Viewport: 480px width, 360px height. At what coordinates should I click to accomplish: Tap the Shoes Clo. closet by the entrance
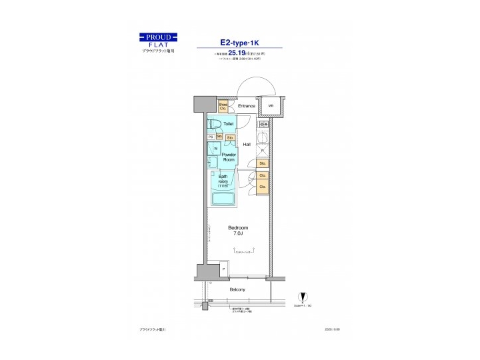pyautogui.click(x=223, y=106)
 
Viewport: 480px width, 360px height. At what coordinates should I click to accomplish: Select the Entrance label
pyautogui.click(x=247, y=106)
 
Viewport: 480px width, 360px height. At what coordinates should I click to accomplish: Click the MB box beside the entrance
pyautogui.click(x=271, y=106)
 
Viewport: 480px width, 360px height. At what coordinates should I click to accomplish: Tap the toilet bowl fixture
pyautogui.click(x=214, y=124)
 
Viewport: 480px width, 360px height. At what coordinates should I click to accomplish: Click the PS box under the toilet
pyautogui.click(x=211, y=137)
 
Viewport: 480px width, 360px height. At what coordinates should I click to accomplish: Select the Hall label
pyautogui.click(x=247, y=144)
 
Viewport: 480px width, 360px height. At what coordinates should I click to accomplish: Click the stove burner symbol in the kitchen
pyautogui.click(x=263, y=124)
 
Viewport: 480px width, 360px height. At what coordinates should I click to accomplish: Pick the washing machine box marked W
pyautogui.click(x=215, y=149)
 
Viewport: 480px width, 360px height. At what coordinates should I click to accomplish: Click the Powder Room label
pyautogui.click(x=229, y=157)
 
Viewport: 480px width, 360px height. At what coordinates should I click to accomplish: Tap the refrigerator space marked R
pyautogui.click(x=263, y=150)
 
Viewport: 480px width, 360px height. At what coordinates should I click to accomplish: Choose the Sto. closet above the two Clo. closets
pyautogui.click(x=263, y=163)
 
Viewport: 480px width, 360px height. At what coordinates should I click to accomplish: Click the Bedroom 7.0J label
pyautogui.click(x=238, y=230)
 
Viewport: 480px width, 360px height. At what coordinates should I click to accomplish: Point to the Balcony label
pyautogui.click(x=237, y=289)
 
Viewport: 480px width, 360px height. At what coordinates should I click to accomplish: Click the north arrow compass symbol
pyautogui.click(x=304, y=298)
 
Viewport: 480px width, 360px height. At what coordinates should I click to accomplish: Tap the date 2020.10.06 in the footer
pyautogui.click(x=332, y=329)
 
